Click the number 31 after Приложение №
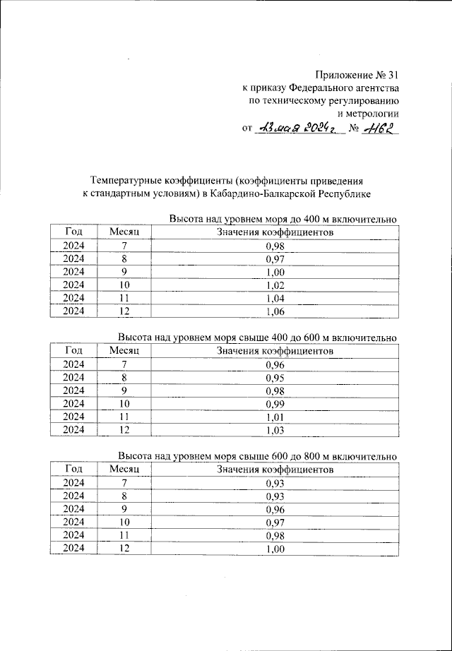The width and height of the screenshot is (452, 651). pos(391,74)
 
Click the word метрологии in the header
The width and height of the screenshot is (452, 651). pos(369,114)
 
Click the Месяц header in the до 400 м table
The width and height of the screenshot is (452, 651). pos(125,232)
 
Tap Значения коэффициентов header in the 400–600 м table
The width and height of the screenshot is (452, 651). pos(275,351)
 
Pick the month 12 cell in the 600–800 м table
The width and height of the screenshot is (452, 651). pos(125,548)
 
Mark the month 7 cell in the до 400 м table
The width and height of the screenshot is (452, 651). pos(125,246)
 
